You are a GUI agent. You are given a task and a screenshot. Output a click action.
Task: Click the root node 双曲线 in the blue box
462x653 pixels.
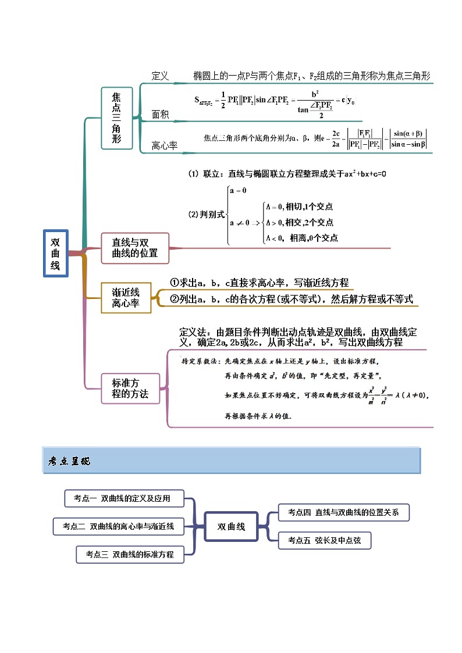[55, 254]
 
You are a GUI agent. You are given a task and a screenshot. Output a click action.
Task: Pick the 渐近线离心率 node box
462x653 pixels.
[126, 298]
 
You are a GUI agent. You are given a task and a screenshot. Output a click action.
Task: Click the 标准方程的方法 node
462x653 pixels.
[130, 388]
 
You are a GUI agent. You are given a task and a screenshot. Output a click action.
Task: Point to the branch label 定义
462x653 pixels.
[159, 76]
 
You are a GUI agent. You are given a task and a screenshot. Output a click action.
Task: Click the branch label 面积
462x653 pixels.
[160, 115]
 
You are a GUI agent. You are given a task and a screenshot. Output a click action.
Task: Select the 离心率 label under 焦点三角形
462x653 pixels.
[164, 146]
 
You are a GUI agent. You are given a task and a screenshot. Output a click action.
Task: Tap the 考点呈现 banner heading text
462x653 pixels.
[69, 462]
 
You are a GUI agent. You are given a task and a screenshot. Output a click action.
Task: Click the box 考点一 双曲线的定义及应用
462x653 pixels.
[125, 498]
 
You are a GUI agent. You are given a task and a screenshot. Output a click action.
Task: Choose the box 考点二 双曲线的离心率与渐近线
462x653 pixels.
[118, 526]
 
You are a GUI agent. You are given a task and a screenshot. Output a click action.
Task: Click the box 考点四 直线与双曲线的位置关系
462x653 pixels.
[343, 512]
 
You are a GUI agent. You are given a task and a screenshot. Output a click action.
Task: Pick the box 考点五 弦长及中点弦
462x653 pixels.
[324, 540]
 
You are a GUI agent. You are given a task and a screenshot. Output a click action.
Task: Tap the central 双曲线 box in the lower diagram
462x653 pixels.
[231, 527]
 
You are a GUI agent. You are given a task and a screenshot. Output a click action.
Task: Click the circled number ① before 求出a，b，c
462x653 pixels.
[174, 283]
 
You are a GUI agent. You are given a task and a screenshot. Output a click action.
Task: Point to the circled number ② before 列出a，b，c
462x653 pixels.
[174, 299]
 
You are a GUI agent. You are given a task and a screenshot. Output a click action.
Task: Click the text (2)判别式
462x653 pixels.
[206, 215]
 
